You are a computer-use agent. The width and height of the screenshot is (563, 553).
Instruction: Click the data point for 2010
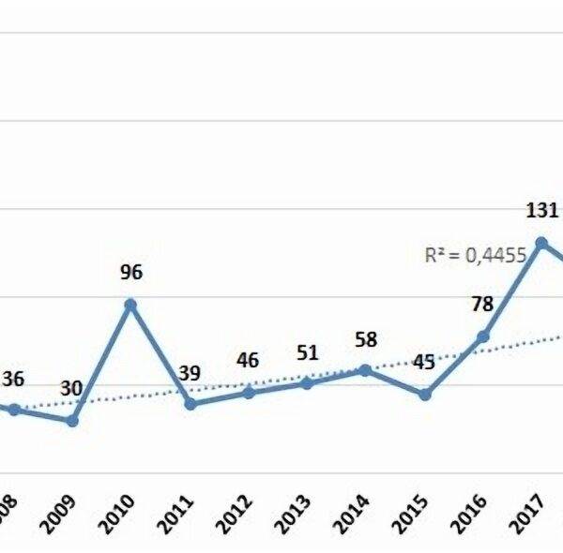point(130,305)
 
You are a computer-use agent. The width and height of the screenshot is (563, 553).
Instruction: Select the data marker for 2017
point(541,243)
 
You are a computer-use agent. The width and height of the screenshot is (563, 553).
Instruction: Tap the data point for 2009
point(72,421)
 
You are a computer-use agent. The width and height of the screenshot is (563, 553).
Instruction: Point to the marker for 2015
point(424,395)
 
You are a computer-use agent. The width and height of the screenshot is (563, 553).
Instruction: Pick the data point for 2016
point(483,336)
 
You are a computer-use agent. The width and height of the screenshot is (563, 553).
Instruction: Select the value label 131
point(541,211)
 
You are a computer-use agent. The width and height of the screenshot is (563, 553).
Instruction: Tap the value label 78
point(482,305)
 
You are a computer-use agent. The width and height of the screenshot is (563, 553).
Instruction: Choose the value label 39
point(190,373)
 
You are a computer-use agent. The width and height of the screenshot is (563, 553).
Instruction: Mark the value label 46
point(248,361)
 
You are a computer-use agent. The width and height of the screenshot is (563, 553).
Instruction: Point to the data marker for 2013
point(307,382)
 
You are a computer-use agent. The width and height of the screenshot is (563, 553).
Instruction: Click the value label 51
point(307,352)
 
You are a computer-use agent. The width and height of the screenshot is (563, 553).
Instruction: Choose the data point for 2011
point(190,404)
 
